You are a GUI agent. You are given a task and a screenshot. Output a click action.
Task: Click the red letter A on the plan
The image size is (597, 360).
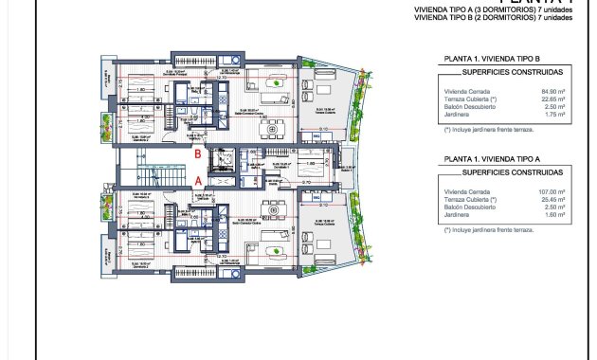click(x=197, y=178)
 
